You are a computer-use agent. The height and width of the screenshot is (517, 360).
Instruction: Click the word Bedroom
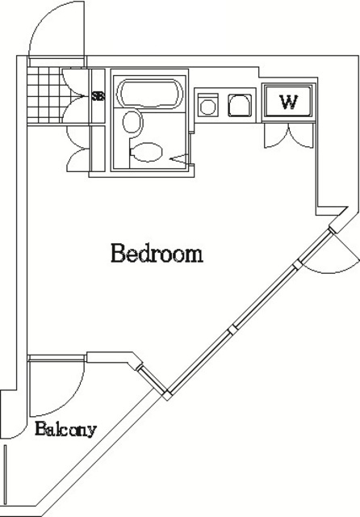(157, 253)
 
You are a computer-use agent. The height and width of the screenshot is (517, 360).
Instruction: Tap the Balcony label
(65, 429)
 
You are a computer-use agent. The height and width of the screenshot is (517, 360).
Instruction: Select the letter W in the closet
(289, 103)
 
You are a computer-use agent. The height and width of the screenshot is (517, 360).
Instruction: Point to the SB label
(98, 97)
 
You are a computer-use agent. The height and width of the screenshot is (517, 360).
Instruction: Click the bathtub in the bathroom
(150, 94)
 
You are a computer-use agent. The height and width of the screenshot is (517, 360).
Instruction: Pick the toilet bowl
(145, 152)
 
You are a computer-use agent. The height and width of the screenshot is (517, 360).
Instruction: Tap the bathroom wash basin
(132, 122)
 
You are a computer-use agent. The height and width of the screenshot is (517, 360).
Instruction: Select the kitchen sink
(240, 106)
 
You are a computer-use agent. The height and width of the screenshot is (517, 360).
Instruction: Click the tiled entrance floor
(44, 95)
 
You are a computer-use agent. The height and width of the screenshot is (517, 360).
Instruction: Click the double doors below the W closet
(289, 136)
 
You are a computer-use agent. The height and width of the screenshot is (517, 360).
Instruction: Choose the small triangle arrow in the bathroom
(179, 158)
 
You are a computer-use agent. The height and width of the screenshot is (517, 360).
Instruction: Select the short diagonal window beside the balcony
(152, 380)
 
